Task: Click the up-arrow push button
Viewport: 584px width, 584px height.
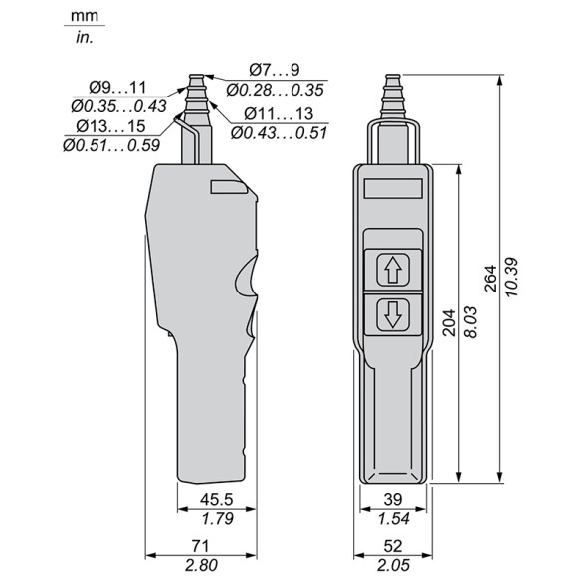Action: pyautogui.click(x=393, y=270)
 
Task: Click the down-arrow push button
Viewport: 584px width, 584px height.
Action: pyautogui.click(x=393, y=315)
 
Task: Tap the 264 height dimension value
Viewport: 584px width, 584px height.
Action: pyautogui.click(x=490, y=279)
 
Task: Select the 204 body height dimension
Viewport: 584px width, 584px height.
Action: pyautogui.click(x=449, y=322)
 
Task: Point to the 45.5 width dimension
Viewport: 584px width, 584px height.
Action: pyautogui.click(x=217, y=499)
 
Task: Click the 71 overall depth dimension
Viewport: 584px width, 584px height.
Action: pyautogui.click(x=200, y=546)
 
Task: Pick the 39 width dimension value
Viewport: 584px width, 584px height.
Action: pyautogui.click(x=393, y=499)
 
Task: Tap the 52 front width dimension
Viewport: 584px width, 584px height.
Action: pyautogui.click(x=393, y=546)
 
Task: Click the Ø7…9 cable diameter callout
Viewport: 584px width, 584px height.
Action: pyautogui.click(x=275, y=70)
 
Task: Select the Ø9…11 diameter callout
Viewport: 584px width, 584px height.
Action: pyautogui.click(x=117, y=88)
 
